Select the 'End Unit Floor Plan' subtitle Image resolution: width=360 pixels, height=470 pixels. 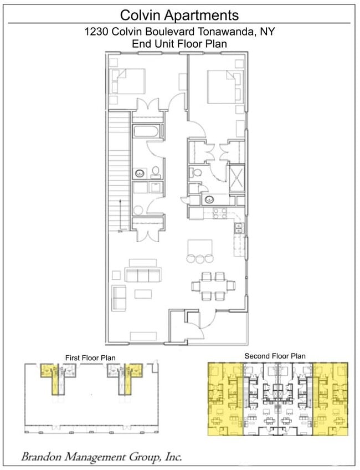[x=179, y=43]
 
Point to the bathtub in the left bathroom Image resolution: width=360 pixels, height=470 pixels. [x=147, y=132]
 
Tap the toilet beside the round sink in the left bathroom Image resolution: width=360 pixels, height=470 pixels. [x=156, y=172]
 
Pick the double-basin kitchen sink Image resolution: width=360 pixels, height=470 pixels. [x=239, y=227]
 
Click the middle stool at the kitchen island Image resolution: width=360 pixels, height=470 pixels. [x=199, y=258]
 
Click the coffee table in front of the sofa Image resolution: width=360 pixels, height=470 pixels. [x=144, y=293]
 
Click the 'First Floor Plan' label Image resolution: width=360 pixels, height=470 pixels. [x=91, y=357]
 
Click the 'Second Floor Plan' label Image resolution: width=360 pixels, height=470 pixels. [x=275, y=356]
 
